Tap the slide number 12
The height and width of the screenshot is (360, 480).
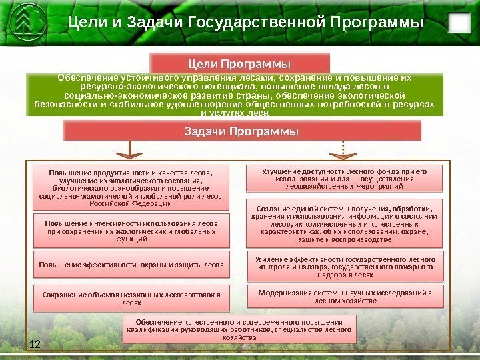(x=35, y=344)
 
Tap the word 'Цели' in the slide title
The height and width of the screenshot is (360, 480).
(x=85, y=24)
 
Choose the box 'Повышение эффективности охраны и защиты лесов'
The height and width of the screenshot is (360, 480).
(x=131, y=265)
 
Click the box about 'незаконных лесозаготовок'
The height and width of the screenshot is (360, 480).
(x=131, y=297)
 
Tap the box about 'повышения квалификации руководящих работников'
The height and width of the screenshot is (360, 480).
(x=240, y=329)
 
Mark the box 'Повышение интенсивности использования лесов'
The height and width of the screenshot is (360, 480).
(x=131, y=230)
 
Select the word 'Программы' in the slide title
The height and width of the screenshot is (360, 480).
(x=377, y=24)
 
